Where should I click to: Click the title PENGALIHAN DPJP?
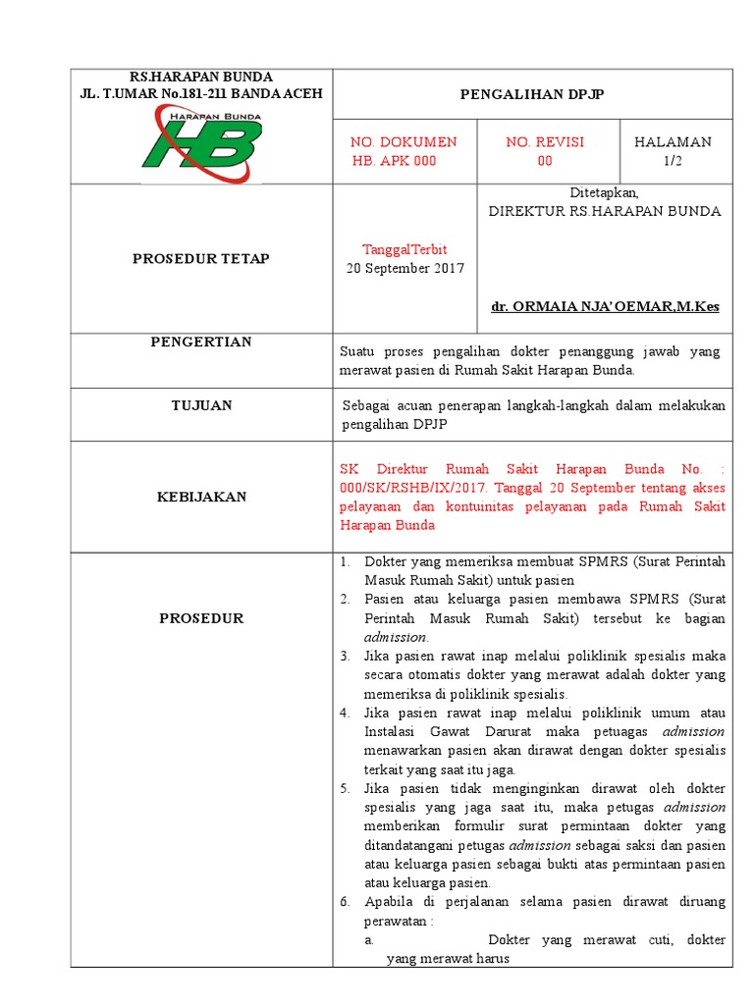[x=532, y=94]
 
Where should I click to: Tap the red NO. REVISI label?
[x=545, y=142]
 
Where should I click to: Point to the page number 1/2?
[x=673, y=161]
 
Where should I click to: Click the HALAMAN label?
[x=673, y=142]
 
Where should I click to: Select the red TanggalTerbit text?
[x=404, y=249]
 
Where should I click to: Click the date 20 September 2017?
[x=404, y=268]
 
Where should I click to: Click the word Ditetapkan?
[x=605, y=192]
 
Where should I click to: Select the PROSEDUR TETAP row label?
[x=201, y=259]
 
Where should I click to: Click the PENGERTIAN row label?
[x=201, y=342]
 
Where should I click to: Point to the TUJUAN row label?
[x=201, y=404]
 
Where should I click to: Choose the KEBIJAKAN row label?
[x=201, y=497]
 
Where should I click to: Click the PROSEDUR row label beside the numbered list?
[x=201, y=618]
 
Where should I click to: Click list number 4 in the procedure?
[x=345, y=713]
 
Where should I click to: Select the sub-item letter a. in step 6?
[x=368, y=940]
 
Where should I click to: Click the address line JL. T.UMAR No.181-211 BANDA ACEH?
[x=201, y=93]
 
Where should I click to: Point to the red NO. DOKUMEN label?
[x=404, y=142]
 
